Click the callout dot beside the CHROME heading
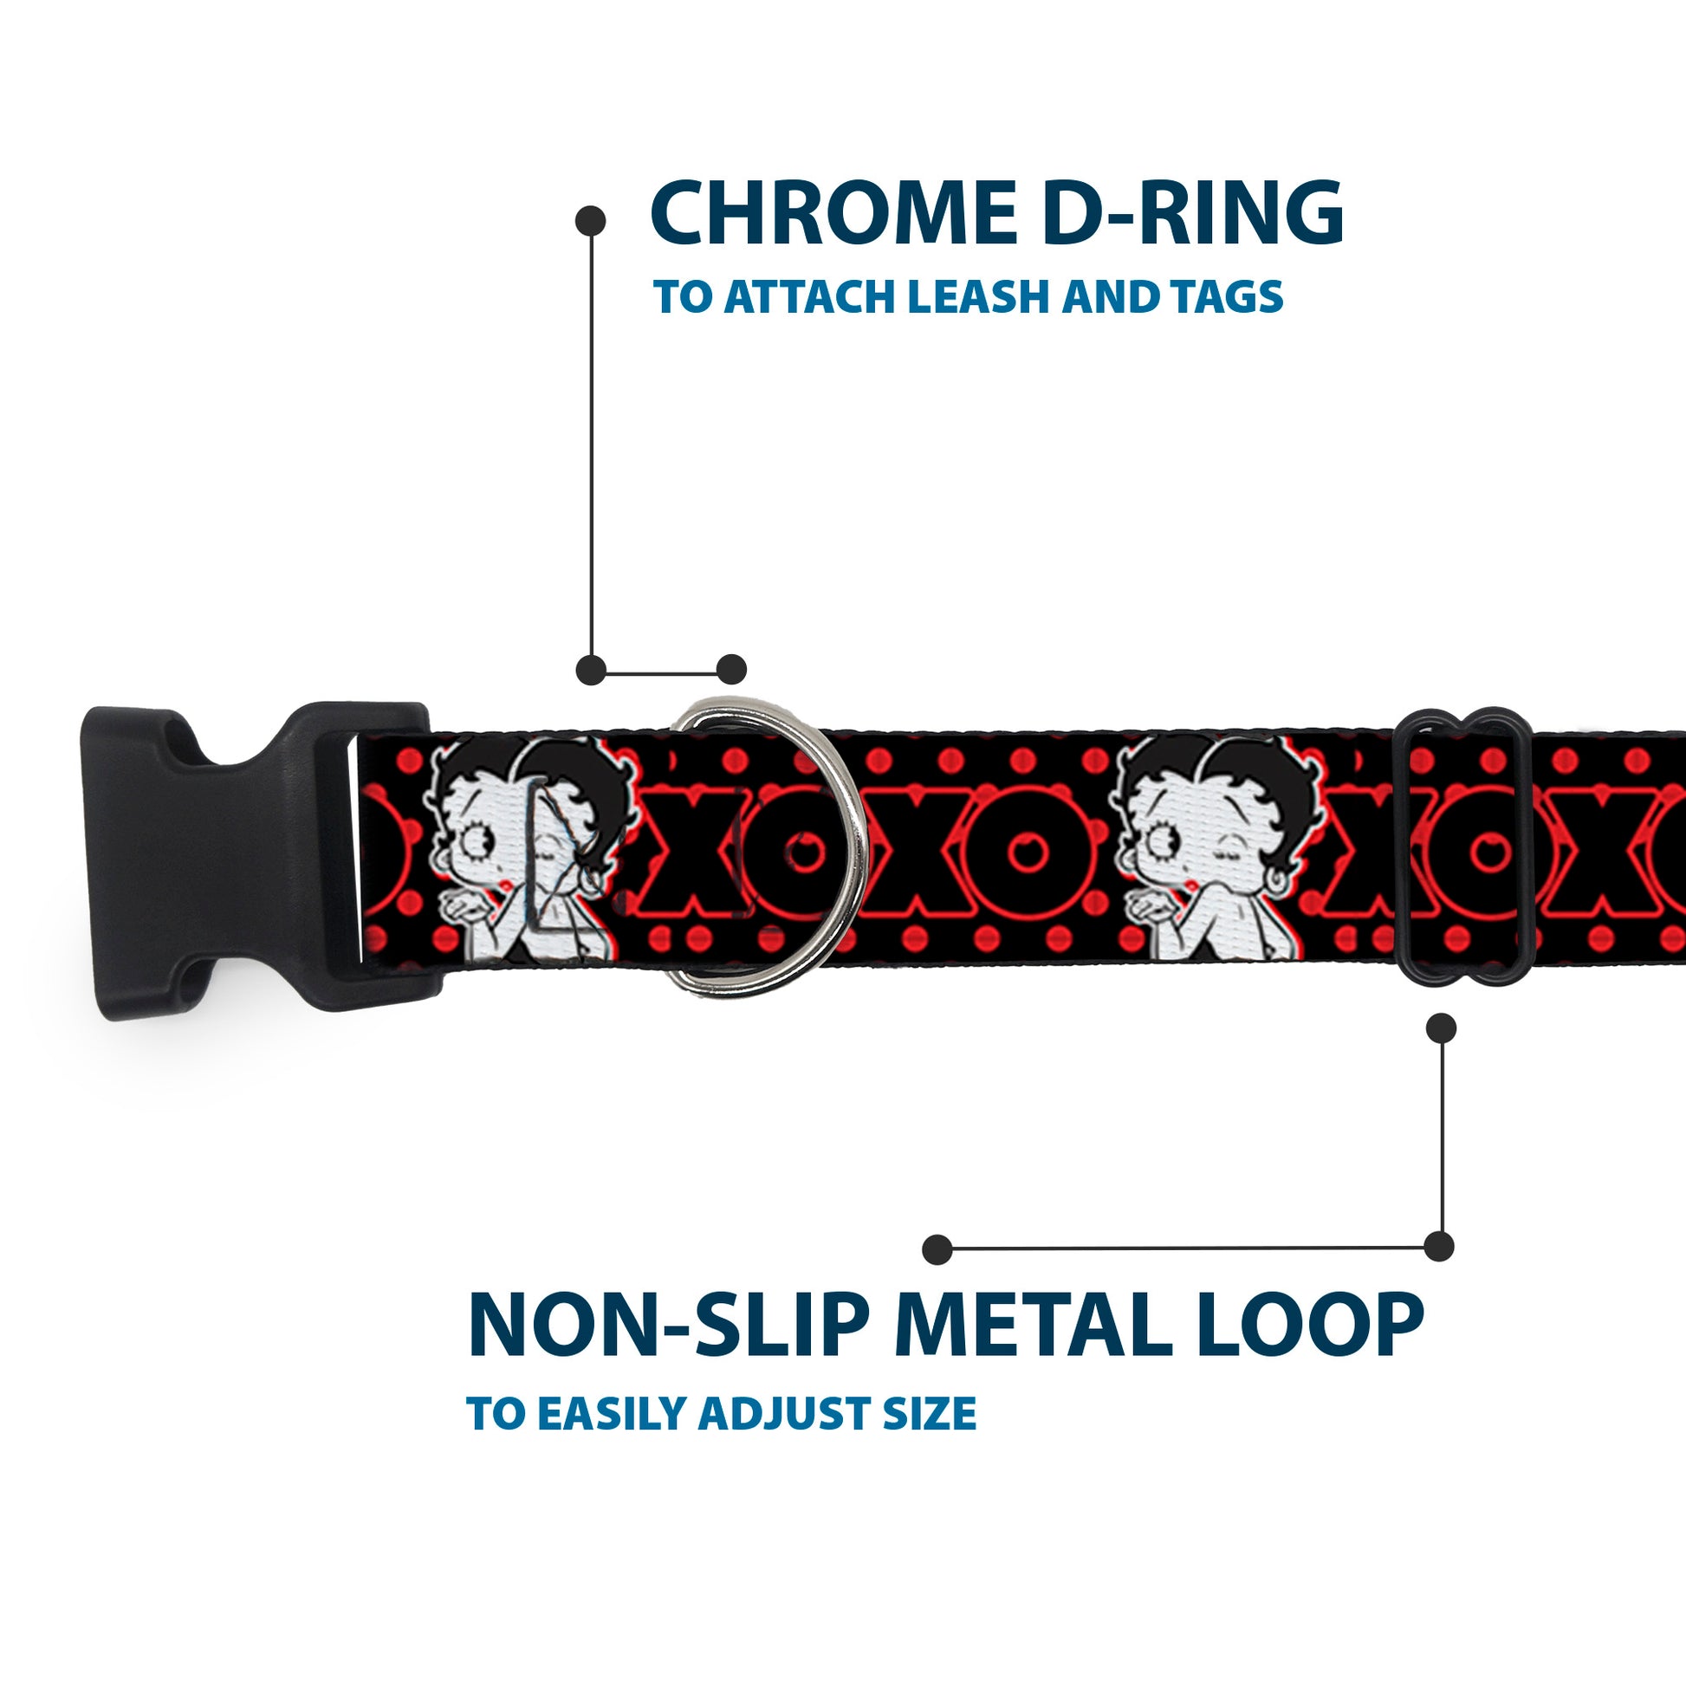pos(591,221)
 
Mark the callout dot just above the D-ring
pos(731,670)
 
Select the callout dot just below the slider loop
pos(1441,1028)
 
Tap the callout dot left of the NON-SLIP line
pos(937,1249)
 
